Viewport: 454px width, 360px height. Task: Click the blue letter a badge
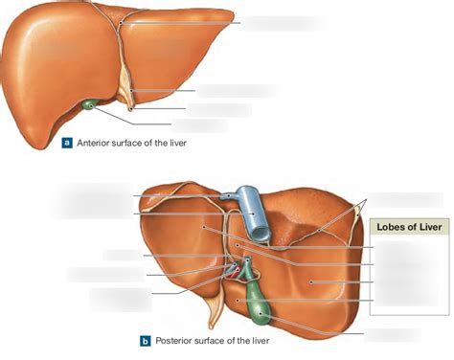(67, 143)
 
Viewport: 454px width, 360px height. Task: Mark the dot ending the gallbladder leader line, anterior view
(89, 104)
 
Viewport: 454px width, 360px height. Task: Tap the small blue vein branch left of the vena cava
(232, 195)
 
